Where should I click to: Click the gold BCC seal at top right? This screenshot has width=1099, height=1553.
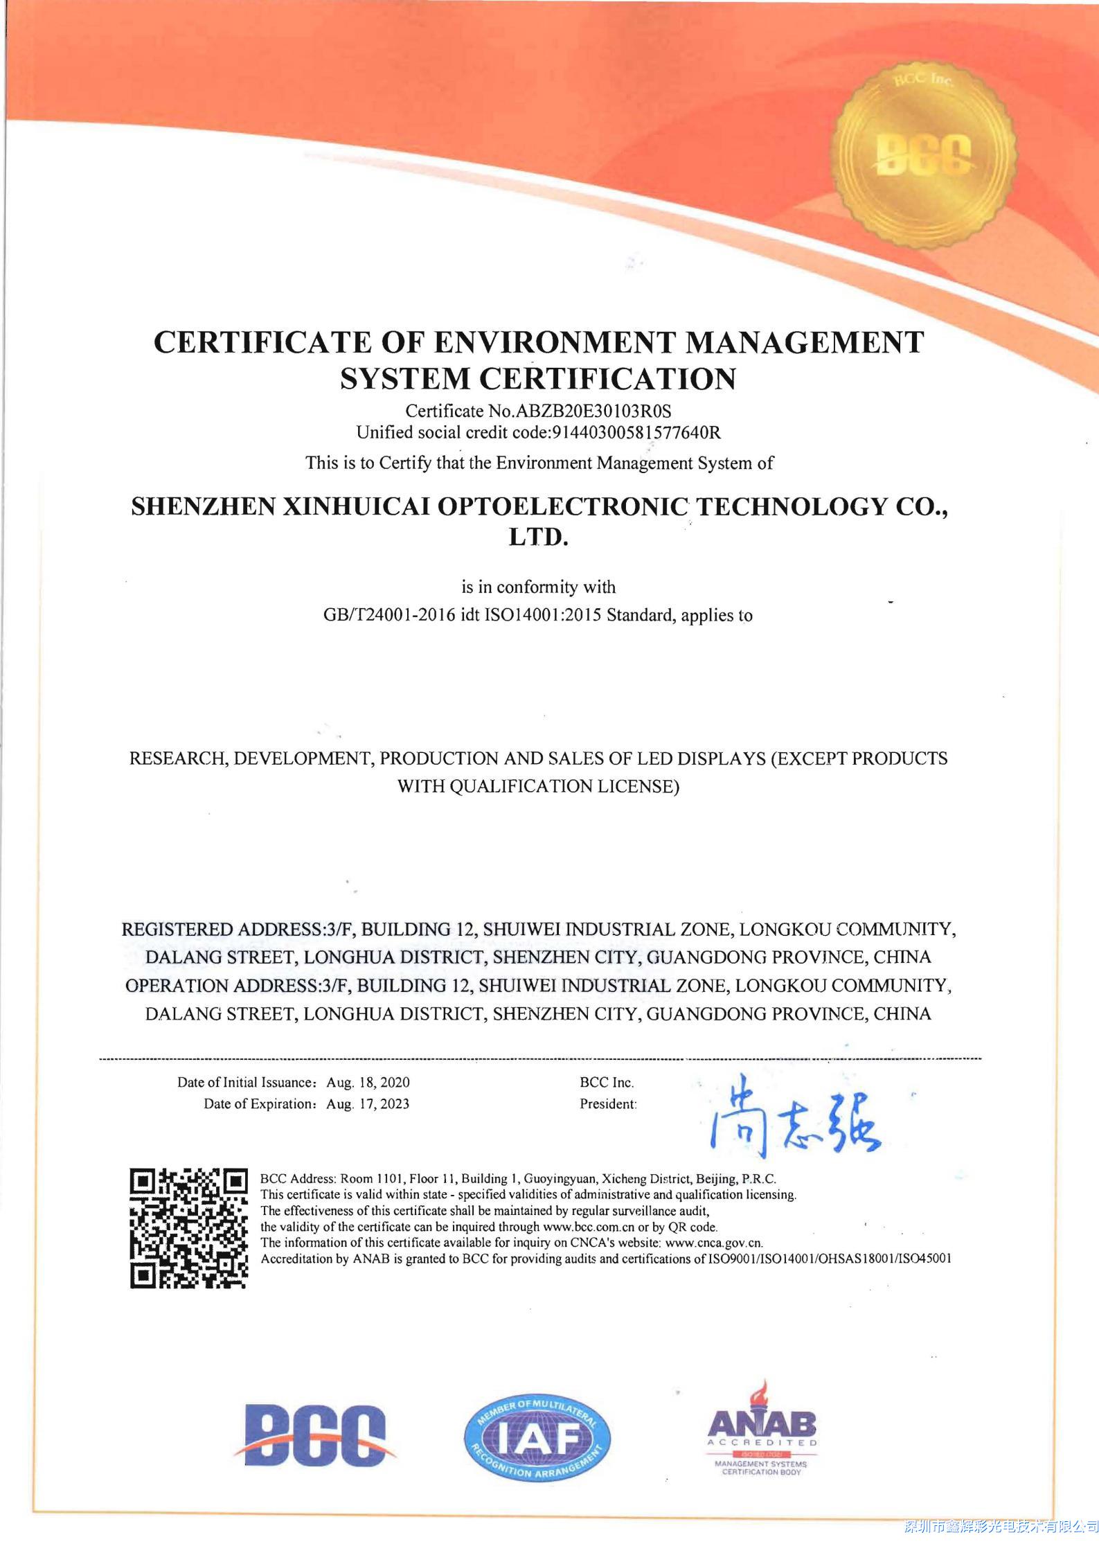924,153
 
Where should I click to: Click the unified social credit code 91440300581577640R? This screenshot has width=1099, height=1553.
635,433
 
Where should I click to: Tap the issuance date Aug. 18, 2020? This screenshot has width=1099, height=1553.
368,1082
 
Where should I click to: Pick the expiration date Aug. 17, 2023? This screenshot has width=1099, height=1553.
368,1104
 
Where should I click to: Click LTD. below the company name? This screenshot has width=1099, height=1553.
538,538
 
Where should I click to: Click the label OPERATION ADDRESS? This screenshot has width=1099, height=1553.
220,986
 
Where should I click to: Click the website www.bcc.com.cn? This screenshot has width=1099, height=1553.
591,1227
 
